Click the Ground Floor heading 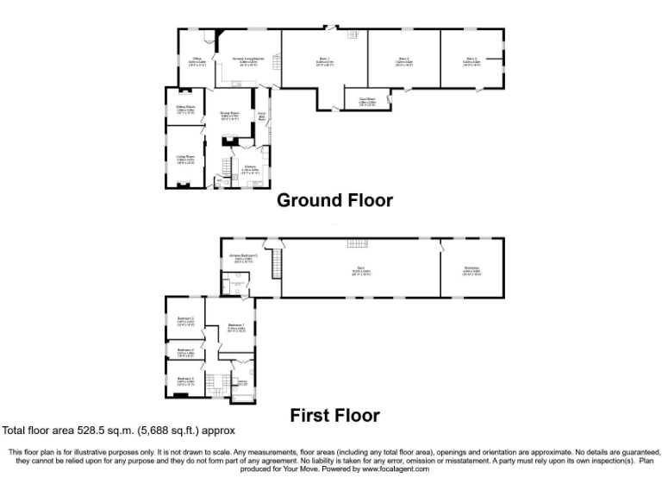[x=334, y=201]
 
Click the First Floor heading [x=334, y=415]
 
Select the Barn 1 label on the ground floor [x=324, y=60]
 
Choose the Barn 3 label [x=471, y=60]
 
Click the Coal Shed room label [x=366, y=100]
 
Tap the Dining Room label [x=229, y=113]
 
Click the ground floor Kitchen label [x=250, y=167]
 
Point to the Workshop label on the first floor [x=471, y=269]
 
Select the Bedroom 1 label [x=236, y=326]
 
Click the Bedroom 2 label [x=185, y=379]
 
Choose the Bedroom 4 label [x=185, y=351]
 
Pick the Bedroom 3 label [x=185, y=319]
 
